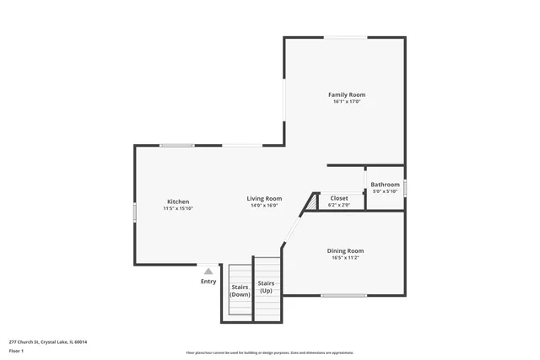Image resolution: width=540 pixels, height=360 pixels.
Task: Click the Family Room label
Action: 346,94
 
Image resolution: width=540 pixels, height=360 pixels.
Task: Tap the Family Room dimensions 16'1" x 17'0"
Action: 346,102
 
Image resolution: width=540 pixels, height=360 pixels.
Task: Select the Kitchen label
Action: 178,201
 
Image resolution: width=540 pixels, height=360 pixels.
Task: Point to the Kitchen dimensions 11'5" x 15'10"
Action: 178,208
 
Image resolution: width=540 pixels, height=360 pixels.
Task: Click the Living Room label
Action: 264,199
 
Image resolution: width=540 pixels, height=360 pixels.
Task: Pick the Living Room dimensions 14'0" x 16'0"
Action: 264,206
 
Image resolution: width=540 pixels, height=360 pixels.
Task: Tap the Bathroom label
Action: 385,185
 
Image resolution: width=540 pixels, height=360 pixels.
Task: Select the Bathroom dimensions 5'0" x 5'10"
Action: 385,191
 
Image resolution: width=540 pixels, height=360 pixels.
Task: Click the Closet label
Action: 339,198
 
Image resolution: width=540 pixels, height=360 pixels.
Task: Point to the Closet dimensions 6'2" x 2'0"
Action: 339,205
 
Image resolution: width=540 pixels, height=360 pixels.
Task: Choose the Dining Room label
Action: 345,250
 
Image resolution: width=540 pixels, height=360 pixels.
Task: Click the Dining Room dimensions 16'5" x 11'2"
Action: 345,258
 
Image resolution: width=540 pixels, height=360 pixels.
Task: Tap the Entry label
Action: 208,282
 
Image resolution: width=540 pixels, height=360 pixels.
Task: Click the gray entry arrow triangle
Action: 208,271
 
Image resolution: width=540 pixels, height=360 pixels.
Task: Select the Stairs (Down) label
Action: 240,291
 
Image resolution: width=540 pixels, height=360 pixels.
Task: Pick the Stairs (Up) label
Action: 266,287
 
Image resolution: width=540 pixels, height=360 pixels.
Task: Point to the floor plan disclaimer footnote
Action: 269,352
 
